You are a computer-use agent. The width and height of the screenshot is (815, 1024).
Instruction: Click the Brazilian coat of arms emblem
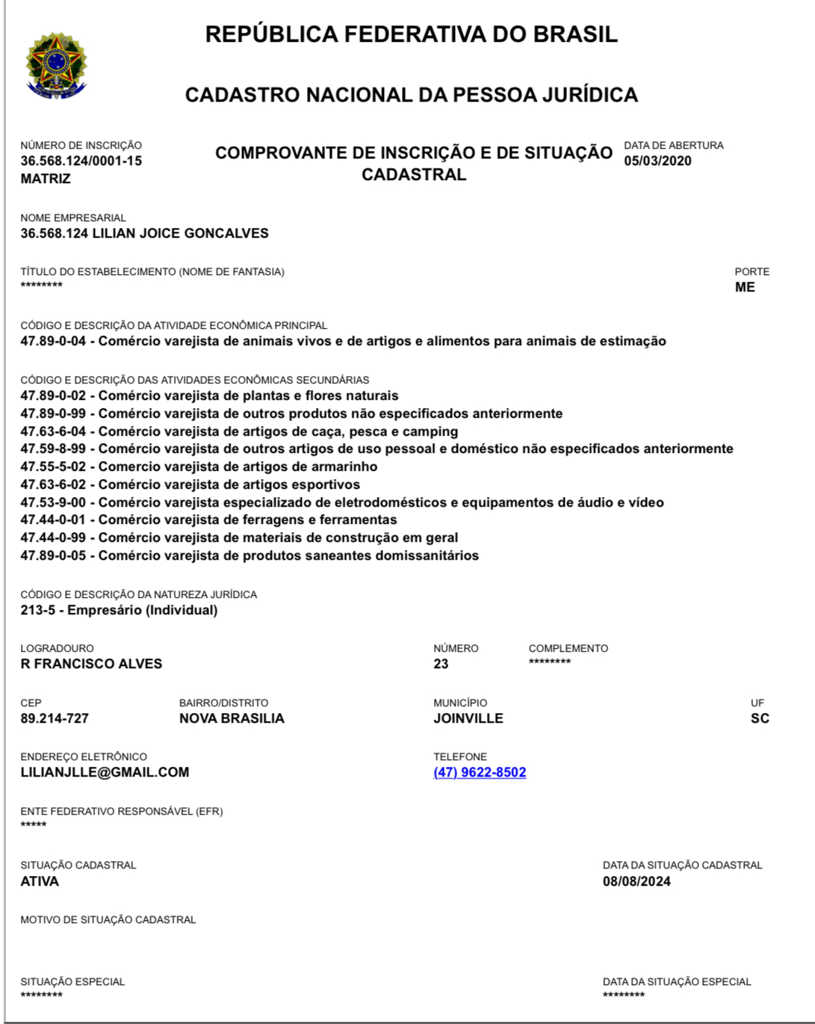(x=57, y=66)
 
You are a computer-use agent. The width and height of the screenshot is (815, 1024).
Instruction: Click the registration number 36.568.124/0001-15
(x=81, y=161)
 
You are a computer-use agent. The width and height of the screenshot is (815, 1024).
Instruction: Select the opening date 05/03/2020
(x=657, y=161)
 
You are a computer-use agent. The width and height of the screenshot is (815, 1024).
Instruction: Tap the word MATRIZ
(x=46, y=179)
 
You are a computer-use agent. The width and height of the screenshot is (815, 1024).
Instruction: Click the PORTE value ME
(x=745, y=287)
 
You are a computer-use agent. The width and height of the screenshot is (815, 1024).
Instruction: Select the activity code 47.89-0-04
(x=53, y=342)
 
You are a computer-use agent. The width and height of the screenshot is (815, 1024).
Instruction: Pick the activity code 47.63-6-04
(x=53, y=431)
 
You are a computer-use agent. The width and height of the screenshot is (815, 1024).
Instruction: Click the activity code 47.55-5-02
(x=53, y=466)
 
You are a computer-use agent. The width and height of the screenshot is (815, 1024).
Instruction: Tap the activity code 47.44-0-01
(x=53, y=519)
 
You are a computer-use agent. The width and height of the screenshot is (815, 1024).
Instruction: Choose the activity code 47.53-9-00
(x=53, y=502)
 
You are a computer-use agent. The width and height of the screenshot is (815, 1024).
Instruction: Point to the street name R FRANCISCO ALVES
(x=91, y=664)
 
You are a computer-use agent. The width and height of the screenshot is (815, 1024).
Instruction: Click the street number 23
(x=441, y=664)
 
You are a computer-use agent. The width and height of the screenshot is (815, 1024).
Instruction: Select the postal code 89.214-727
(x=55, y=718)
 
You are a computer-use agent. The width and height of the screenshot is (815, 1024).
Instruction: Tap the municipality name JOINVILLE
(x=468, y=718)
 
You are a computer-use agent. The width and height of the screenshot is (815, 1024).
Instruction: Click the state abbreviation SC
(x=760, y=718)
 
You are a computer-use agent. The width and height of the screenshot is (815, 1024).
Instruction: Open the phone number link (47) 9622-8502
(x=480, y=772)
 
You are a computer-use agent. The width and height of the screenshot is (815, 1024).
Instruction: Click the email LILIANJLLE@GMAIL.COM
(x=105, y=772)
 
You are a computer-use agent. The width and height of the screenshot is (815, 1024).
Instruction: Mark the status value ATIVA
(x=40, y=881)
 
